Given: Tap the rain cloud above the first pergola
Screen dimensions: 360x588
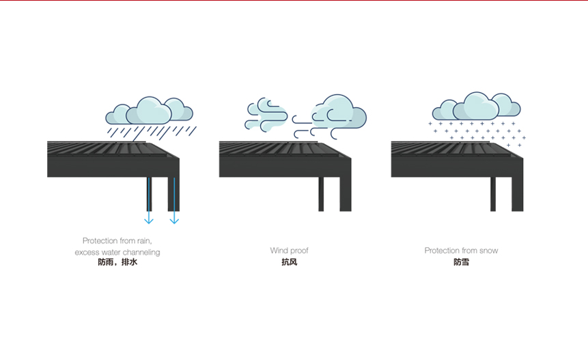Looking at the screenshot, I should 150,110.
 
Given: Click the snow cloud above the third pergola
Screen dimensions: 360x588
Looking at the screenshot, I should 477,106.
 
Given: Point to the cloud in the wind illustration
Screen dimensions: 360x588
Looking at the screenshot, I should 339,111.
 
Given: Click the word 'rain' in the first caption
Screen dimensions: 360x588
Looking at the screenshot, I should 142,241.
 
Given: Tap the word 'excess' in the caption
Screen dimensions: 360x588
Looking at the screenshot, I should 87,253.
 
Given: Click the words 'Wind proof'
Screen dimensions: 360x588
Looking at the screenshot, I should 289,251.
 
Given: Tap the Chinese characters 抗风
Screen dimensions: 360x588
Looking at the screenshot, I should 289,262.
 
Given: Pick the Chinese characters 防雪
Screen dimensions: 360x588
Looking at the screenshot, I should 461,262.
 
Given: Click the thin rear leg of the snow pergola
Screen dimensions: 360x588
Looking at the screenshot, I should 493,194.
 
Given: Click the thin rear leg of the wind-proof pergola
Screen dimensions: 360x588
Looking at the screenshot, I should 321,194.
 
